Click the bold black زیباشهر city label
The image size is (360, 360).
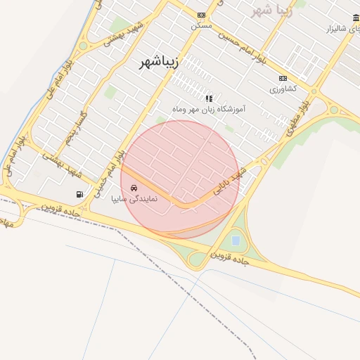[x=155, y=63]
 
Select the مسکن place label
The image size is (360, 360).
[x=201, y=25]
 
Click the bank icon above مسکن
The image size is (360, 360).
[x=202, y=15]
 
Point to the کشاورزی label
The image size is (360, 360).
[x=283, y=89]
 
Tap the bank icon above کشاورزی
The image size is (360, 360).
[x=283, y=78]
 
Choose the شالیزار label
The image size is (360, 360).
[x=341, y=29]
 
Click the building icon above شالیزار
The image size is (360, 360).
[x=356, y=18]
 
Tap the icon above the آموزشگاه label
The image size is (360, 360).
[x=209, y=98]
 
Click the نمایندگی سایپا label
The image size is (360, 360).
[x=134, y=199]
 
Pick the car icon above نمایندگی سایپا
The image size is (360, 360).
[x=134, y=188]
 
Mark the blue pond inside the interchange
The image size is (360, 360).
[x=235, y=240]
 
